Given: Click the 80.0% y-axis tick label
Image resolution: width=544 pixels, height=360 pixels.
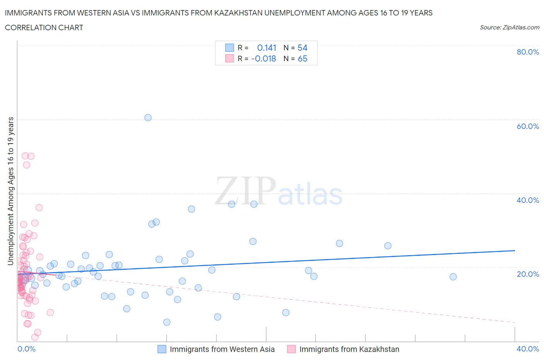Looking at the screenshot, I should [x=528, y=52].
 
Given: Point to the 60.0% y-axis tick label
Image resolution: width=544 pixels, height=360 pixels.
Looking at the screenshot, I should [x=528, y=126].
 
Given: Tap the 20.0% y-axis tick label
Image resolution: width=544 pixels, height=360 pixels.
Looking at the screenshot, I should [x=528, y=274].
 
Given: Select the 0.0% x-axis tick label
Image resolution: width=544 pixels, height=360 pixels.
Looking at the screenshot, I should [x=26, y=349].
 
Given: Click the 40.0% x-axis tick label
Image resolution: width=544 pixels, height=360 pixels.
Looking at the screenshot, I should [x=528, y=349].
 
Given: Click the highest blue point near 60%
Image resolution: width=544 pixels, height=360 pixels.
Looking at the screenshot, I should [x=148, y=118].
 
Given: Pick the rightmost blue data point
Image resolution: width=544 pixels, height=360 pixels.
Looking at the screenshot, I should [x=453, y=277].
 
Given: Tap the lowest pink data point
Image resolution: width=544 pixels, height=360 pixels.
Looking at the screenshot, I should [x=34, y=337].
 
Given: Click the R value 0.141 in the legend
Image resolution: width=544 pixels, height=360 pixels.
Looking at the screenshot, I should [x=267, y=48].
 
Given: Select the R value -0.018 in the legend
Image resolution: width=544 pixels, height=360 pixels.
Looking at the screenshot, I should [x=263, y=58].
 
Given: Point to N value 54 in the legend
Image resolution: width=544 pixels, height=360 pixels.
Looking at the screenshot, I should [x=302, y=48].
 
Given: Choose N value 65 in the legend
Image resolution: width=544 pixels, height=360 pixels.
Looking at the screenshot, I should [x=302, y=58].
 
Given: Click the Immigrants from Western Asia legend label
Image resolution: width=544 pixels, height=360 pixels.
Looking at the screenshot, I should [x=222, y=349].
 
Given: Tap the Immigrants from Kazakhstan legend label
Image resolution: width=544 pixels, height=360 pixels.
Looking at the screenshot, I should [x=349, y=349].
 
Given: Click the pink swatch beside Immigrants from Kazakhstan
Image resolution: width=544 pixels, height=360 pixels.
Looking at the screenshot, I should [x=291, y=349].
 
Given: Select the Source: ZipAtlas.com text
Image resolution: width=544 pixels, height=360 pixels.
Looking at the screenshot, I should [x=509, y=27].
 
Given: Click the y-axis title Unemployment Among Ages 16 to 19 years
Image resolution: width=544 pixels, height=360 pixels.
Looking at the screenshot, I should [x=11, y=191].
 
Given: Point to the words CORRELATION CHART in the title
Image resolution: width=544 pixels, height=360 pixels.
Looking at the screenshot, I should [x=44, y=27].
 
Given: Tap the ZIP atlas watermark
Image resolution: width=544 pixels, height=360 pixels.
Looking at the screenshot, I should [x=279, y=192].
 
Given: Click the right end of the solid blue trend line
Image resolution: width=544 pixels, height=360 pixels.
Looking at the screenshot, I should [x=515, y=250].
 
